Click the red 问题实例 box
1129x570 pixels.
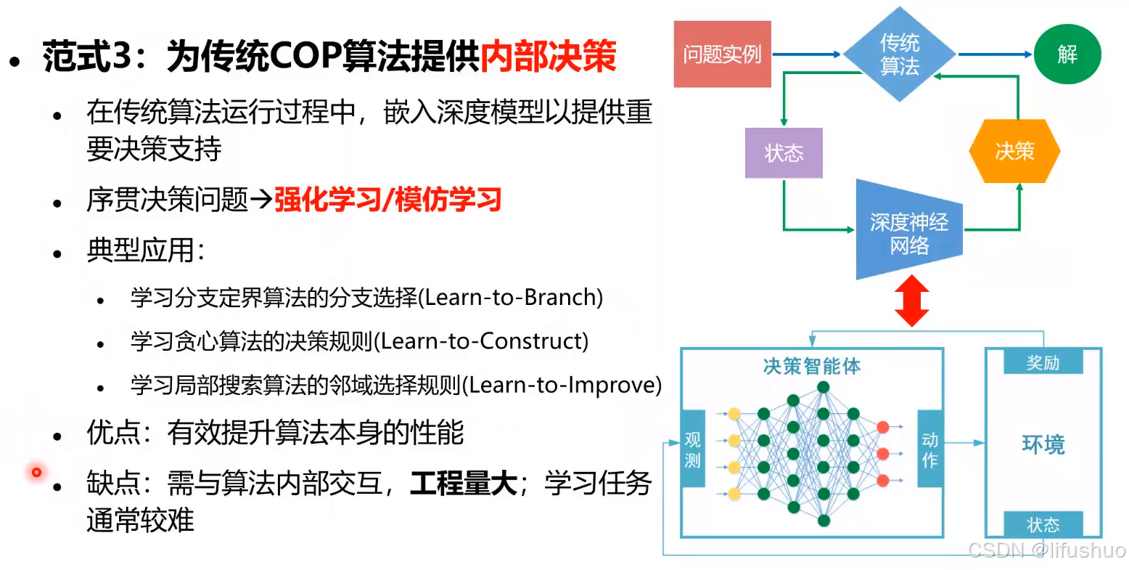click(x=722, y=54)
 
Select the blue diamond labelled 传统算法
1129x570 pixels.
click(x=899, y=54)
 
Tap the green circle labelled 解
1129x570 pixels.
click(x=1067, y=54)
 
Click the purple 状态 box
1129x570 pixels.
click(x=784, y=152)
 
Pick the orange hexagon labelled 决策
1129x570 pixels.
click(x=1014, y=151)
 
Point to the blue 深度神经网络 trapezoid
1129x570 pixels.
click(x=908, y=232)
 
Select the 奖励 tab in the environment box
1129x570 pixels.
click(x=1043, y=362)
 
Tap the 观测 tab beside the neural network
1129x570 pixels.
click(x=692, y=449)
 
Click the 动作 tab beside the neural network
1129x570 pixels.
click(x=929, y=449)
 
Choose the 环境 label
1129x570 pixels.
click(x=1043, y=444)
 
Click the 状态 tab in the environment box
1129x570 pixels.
click(x=1043, y=524)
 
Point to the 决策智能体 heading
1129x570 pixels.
click(x=811, y=366)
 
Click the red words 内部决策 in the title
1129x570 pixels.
click(x=549, y=56)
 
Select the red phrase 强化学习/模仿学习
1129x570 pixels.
click(x=387, y=200)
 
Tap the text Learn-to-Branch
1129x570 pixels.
click(x=511, y=298)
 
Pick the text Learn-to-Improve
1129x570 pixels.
click(x=562, y=385)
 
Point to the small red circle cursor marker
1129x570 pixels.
click(x=36, y=473)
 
